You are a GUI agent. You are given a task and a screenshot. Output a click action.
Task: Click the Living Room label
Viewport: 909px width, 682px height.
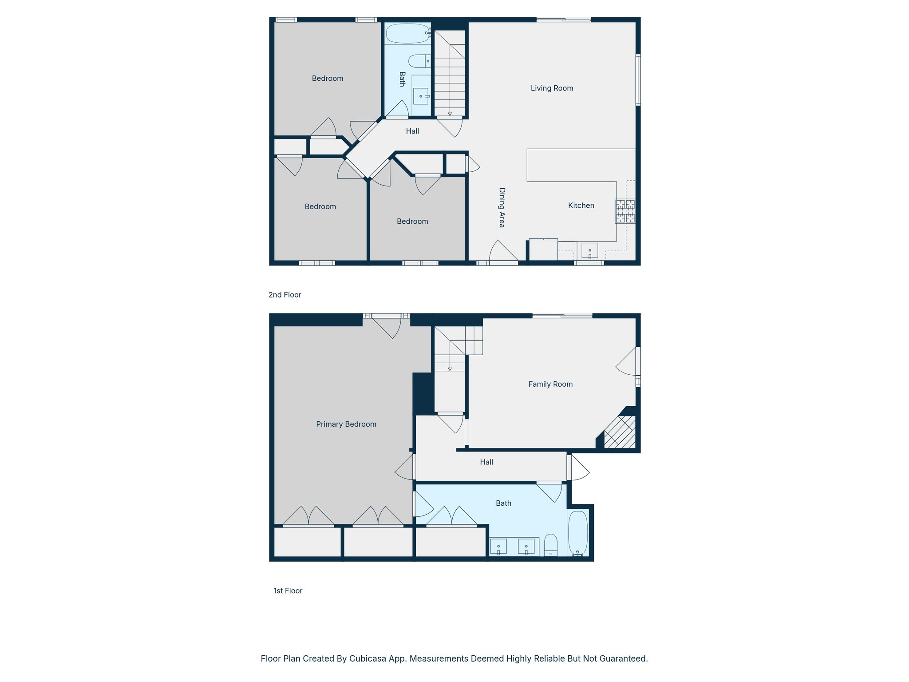click(552, 88)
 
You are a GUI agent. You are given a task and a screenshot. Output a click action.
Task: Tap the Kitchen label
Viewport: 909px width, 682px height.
click(581, 206)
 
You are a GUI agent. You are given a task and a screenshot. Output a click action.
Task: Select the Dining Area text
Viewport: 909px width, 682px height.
click(502, 208)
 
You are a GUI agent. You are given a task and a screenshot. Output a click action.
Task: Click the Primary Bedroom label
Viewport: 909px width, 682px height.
click(346, 424)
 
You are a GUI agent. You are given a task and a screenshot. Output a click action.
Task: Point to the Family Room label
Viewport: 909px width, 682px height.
click(550, 385)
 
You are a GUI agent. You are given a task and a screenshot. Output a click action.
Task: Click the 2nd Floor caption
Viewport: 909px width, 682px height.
click(285, 295)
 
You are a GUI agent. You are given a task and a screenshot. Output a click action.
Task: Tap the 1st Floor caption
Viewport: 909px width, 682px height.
click(288, 591)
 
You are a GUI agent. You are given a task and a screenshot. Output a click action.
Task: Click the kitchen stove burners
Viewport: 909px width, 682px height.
click(625, 211)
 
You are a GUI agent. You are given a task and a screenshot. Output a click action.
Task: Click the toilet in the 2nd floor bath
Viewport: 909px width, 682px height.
click(419, 61)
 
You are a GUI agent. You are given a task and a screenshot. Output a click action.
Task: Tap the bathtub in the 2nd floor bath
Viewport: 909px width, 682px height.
click(407, 33)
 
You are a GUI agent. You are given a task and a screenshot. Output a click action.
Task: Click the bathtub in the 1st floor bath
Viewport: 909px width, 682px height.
click(578, 533)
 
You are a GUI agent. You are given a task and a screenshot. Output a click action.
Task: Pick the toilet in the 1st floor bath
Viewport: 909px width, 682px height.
click(551, 545)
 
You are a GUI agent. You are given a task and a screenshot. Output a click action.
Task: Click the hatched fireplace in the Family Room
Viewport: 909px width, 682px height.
click(620, 432)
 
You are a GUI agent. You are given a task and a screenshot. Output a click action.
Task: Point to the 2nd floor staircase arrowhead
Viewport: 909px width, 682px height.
click(450, 114)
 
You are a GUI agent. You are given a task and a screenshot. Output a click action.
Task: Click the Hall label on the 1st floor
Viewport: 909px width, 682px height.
click(486, 463)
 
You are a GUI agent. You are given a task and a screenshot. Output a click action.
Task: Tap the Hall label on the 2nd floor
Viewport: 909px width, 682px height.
click(412, 131)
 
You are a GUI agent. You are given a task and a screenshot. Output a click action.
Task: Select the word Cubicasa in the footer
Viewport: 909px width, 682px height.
click(367, 659)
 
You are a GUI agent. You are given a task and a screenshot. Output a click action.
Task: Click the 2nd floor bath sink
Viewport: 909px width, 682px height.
click(421, 96)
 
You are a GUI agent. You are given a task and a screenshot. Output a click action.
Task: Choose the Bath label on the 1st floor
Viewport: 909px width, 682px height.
click(503, 504)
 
